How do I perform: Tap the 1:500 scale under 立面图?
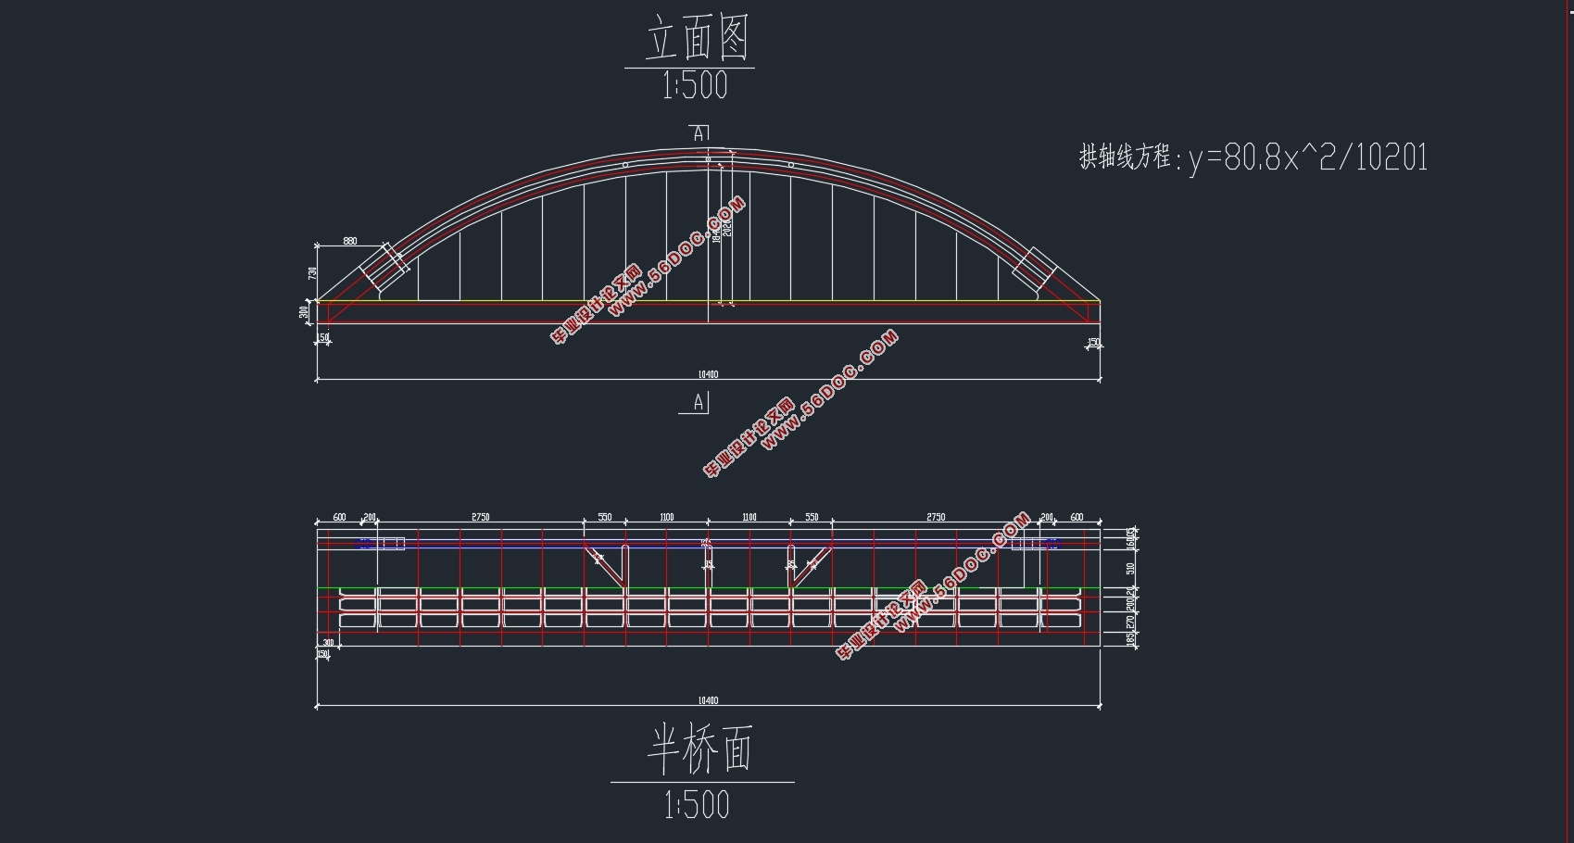click(x=695, y=87)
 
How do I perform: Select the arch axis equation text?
click(x=1253, y=157)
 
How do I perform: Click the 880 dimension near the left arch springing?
click(x=349, y=241)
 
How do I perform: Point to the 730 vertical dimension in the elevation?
click(x=313, y=273)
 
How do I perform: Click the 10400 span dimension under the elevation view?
click(x=708, y=374)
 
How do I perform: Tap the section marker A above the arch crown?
click(x=699, y=133)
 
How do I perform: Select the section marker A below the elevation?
click(x=699, y=403)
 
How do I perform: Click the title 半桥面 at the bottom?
click(x=699, y=749)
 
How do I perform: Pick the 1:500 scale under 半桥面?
click(x=697, y=805)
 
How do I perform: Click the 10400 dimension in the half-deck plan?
click(x=708, y=700)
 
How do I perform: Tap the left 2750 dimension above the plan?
click(x=480, y=517)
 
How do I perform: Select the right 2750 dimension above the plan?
click(x=936, y=517)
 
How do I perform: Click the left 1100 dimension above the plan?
click(x=667, y=517)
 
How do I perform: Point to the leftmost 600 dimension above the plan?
click(x=339, y=517)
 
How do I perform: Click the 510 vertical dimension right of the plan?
click(x=1129, y=568)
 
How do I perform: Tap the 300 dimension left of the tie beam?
click(x=305, y=313)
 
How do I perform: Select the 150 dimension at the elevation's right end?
click(x=1093, y=342)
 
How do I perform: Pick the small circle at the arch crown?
click(x=708, y=159)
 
